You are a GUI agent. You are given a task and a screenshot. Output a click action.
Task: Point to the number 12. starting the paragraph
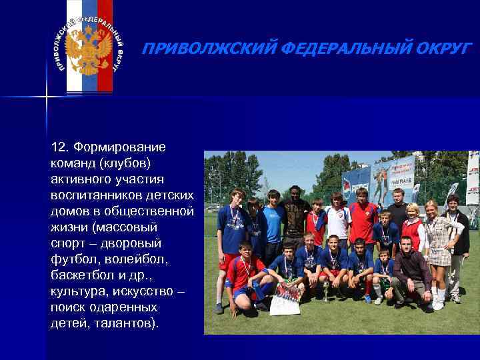(59, 147)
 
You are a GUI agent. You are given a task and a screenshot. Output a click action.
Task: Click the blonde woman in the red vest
(411, 230)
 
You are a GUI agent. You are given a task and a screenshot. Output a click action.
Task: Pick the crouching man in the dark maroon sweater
(409, 273)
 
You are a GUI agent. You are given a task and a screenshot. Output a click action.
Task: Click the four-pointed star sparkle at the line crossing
(46, 97)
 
